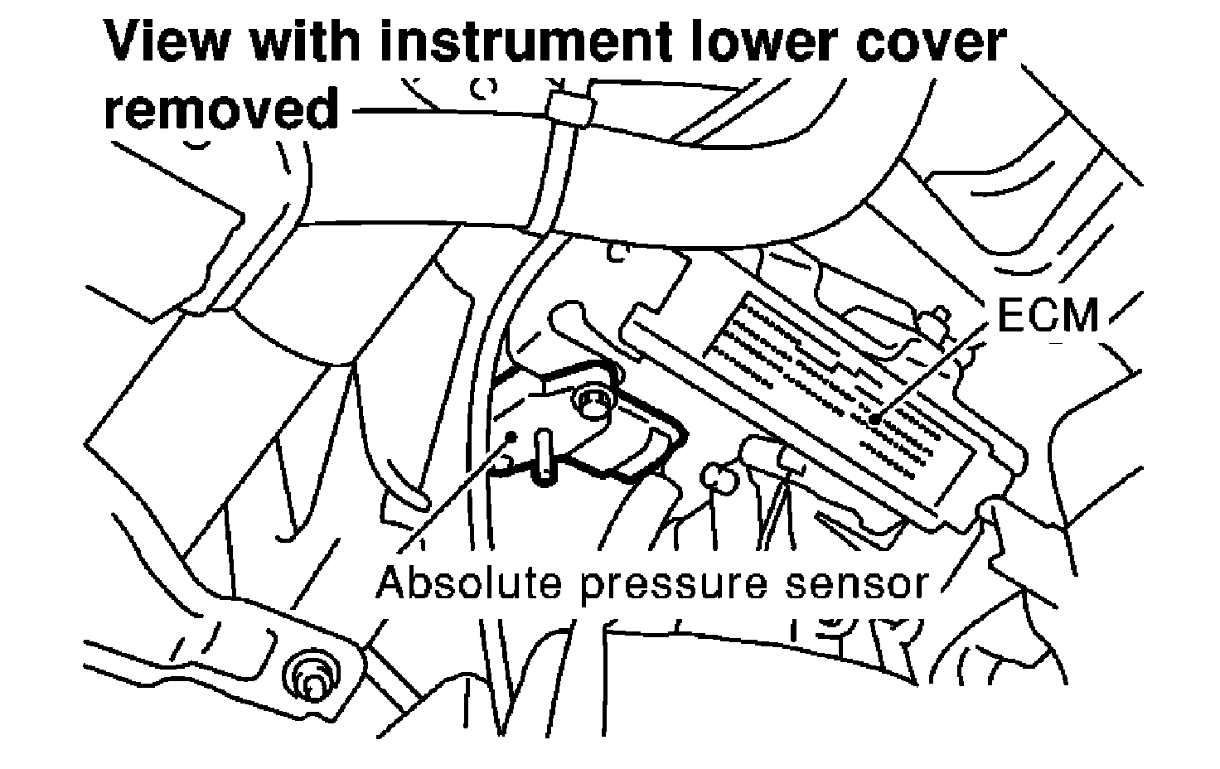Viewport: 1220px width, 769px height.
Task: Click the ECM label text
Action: tap(1048, 315)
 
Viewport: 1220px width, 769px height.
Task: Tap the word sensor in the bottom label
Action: tap(854, 583)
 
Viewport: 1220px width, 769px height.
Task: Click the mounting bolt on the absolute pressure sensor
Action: tap(592, 404)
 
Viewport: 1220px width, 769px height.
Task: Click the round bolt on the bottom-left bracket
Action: tap(312, 674)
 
